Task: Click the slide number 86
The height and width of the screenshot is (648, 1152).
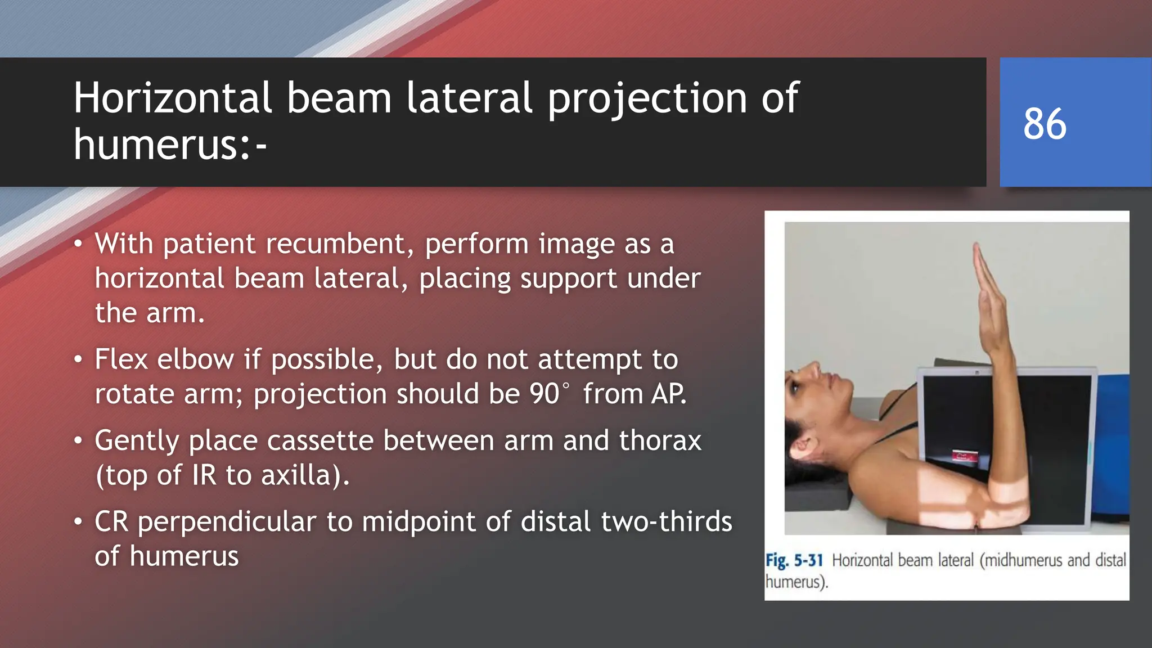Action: (1045, 124)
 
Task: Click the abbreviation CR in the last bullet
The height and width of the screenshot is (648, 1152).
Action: (111, 522)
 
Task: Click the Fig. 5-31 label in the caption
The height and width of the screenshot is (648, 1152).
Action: (794, 560)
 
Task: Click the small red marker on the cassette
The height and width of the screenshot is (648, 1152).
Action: (964, 455)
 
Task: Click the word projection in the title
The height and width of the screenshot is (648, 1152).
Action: (649, 98)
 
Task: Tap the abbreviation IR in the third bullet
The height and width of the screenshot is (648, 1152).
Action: (204, 475)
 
